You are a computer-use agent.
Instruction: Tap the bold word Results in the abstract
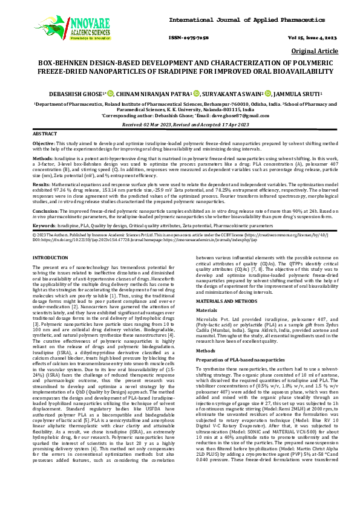[x=41, y=183]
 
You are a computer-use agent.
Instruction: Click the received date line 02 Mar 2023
[x=180, y=123]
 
